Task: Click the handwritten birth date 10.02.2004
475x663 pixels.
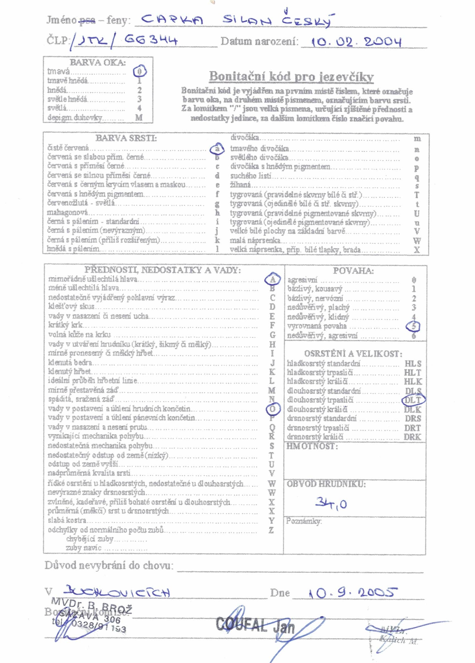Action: pyautogui.click(x=356, y=42)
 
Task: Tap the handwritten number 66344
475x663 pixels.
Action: pyautogui.click(x=151, y=40)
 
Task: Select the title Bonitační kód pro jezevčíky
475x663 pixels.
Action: pyautogui.click(x=291, y=77)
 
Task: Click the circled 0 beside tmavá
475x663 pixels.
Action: pyautogui.click(x=140, y=71)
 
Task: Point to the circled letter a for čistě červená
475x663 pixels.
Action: pyautogui.click(x=217, y=149)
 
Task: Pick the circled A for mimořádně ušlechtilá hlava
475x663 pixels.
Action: pyautogui.click(x=272, y=279)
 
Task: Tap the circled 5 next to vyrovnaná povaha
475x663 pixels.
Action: pyautogui.click(x=413, y=326)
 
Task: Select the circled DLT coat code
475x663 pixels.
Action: pyautogui.click(x=413, y=400)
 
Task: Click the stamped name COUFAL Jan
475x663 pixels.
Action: pyautogui.click(x=255, y=625)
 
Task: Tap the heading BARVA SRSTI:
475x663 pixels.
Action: pyautogui.click(x=126, y=138)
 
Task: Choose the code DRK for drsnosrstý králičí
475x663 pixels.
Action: pyautogui.click(x=412, y=437)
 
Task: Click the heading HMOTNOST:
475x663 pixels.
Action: pyautogui.click(x=312, y=446)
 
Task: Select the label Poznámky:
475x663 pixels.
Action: pyautogui.click(x=304, y=521)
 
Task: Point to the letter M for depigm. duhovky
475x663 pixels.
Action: pyautogui.click(x=139, y=118)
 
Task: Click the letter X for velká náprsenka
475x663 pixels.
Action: pyautogui.click(x=417, y=250)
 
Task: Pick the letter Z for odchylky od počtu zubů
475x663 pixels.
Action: pyautogui.click(x=272, y=530)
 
